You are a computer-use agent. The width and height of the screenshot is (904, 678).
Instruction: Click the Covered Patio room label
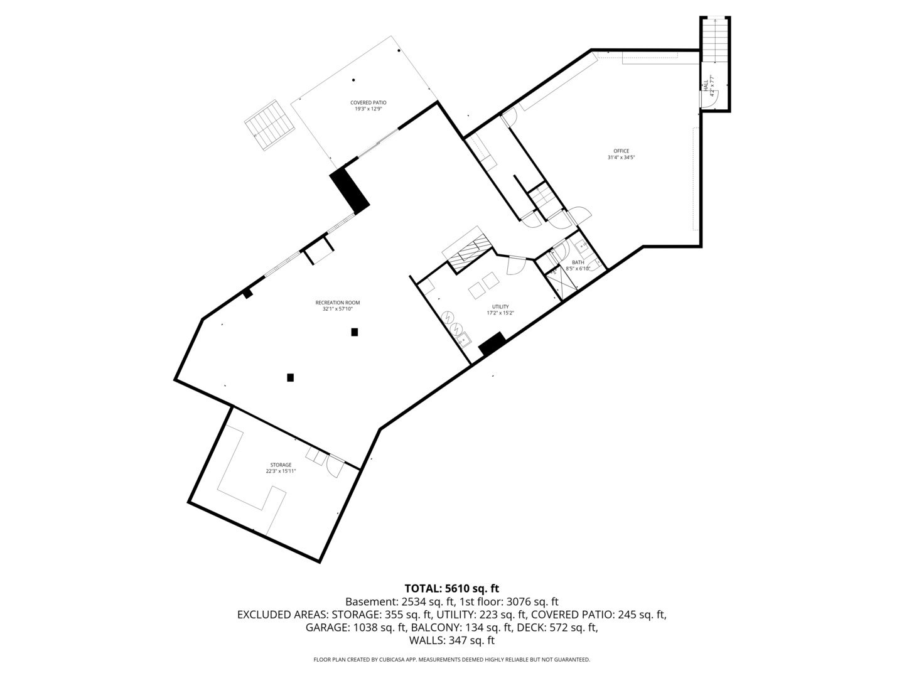(369, 102)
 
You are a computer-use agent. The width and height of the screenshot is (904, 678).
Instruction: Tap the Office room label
(621, 151)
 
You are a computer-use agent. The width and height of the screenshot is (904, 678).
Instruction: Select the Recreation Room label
(338, 303)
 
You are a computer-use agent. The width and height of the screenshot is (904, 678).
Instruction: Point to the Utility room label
(500, 306)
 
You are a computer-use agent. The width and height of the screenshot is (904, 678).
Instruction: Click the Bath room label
(578, 262)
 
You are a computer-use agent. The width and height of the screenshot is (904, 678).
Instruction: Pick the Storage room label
(281, 465)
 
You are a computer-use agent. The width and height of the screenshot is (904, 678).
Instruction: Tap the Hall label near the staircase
(706, 85)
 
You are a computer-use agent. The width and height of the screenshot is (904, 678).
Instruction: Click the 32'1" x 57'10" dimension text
(338, 309)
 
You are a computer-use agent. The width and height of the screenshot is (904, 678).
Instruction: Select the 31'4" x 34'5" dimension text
(621, 158)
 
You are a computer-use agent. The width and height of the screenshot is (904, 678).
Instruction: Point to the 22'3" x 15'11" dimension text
(281, 471)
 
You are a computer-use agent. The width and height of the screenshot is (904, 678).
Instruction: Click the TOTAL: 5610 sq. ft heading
(451, 588)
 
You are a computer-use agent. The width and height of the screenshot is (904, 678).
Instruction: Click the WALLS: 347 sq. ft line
(451, 640)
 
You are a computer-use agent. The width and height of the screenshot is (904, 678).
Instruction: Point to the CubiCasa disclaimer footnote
(451, 660)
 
